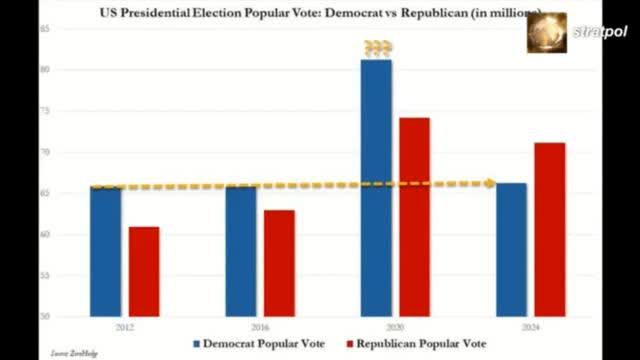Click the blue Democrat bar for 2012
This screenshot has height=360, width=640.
[x=106, y=252]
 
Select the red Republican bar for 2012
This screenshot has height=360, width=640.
[x=144, y=272]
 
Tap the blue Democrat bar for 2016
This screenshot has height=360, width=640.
[x=241, y=252]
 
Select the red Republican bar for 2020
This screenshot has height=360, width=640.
[x=414, y=217]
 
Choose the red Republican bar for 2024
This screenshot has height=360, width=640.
[x=549, y=230]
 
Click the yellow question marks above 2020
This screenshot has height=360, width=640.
[x=377, y=47]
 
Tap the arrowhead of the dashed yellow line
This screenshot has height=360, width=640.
[x=489, y=183]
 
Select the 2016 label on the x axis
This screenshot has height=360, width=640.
[x=260, y=326]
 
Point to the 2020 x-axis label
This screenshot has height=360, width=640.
[x=395, y=326]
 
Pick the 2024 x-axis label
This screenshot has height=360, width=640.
[x=530, y=326]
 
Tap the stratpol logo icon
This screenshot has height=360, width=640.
[x=546, y=32]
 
